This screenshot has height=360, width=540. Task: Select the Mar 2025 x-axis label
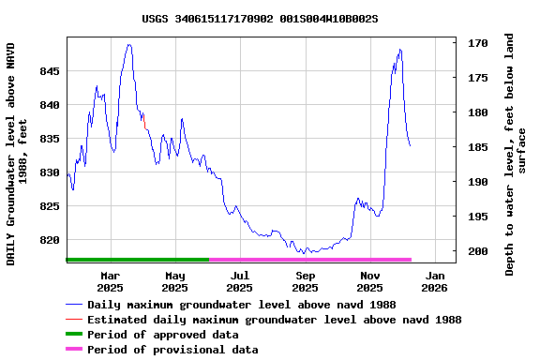point(111,281)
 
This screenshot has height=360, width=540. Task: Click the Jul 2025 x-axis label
point(240,281)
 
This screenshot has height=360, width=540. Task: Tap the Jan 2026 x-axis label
point(435,281)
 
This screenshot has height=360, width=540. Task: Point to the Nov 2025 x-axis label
point(369,281)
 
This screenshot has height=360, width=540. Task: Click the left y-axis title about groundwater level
point(17,152)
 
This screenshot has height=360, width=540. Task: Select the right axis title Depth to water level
point(516,154)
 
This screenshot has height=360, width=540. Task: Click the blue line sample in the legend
point(74,305)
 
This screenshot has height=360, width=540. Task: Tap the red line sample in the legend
point(74,320)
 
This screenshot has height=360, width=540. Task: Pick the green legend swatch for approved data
point(74,335)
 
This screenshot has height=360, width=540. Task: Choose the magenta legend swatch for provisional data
point(74,350)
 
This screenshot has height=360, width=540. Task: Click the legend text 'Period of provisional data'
point(172,350)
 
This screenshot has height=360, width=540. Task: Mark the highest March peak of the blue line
point(129,45)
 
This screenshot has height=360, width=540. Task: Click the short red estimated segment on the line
point(145,127)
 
